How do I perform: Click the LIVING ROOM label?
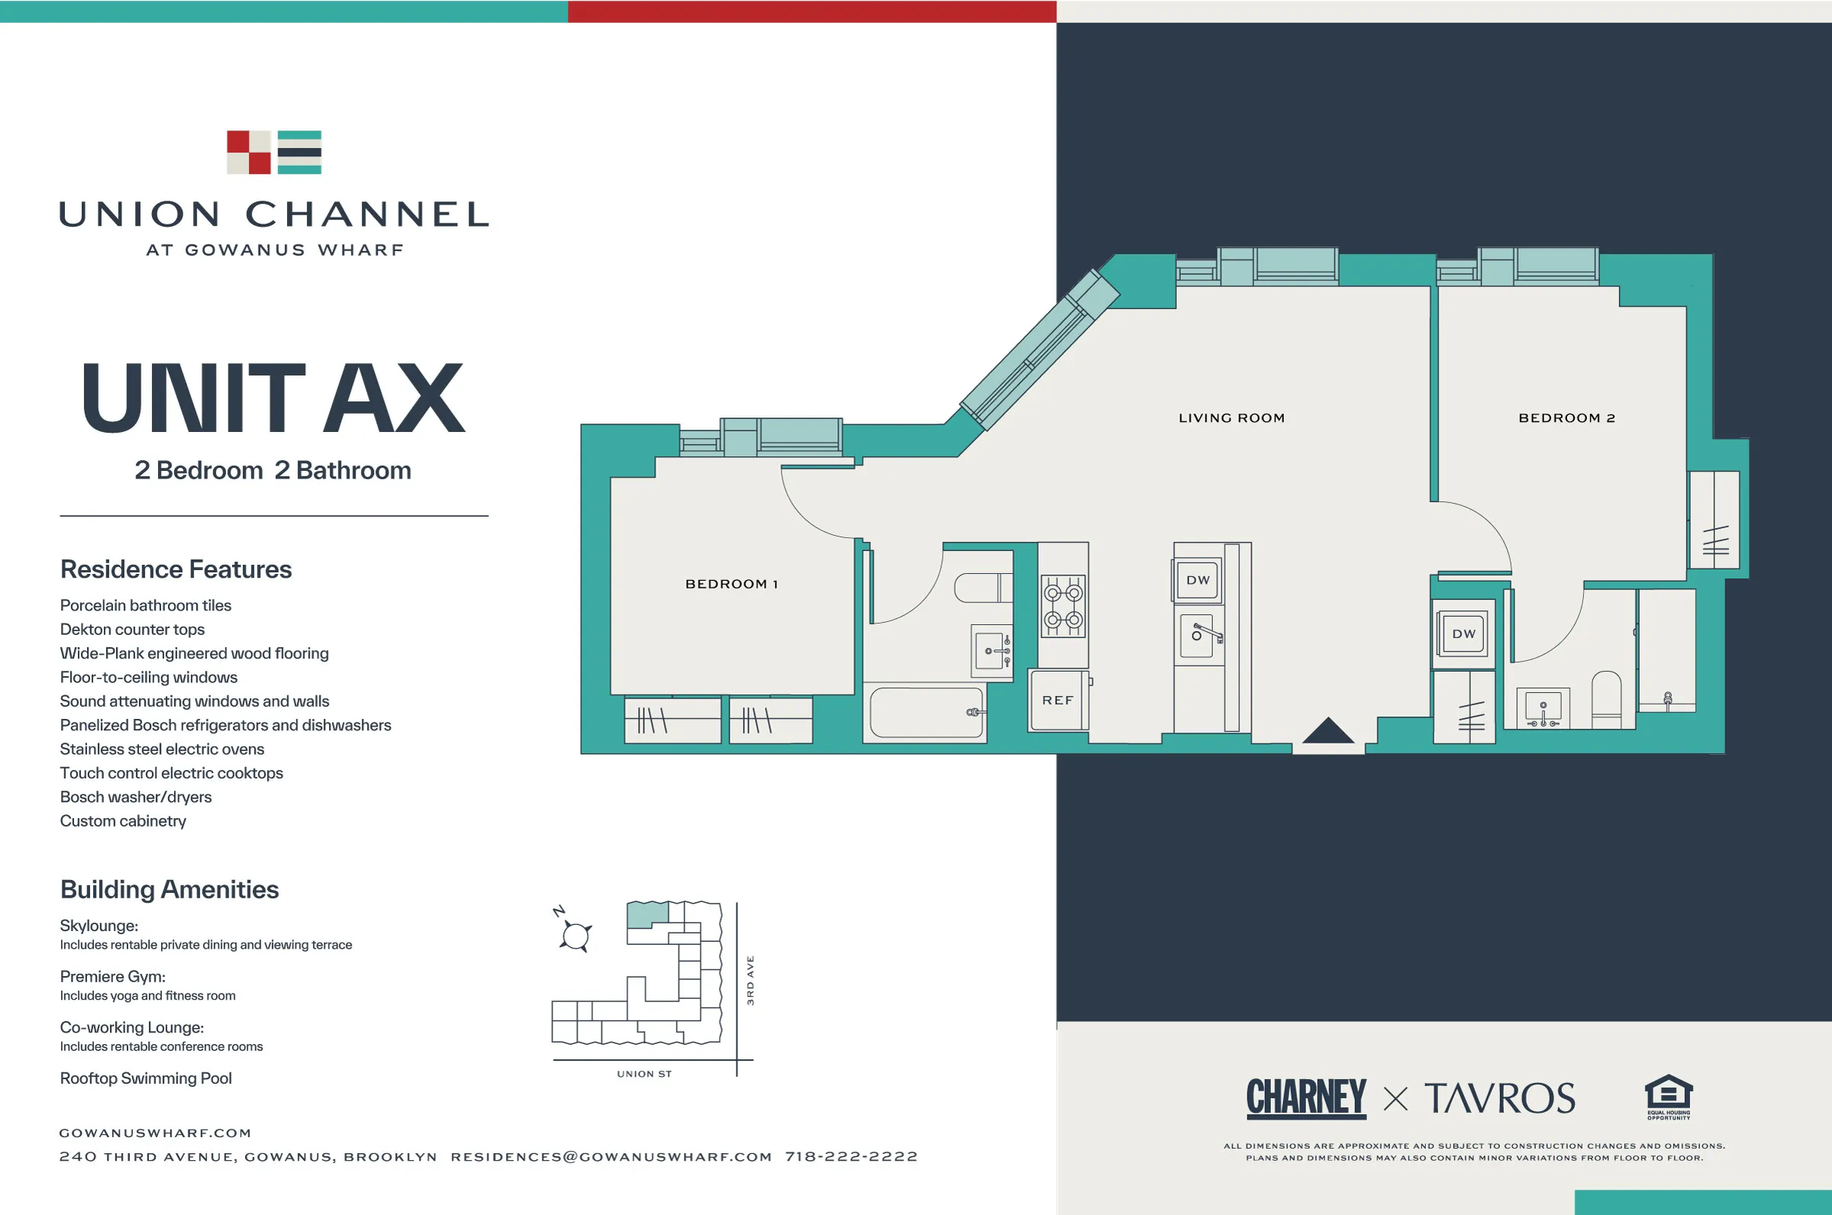pyautogui.click(x=1231, y=418)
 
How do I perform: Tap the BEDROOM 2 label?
pyautogui.click(x=1566, y=418)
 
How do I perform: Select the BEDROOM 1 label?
pyautogui.click(x=731, y=585)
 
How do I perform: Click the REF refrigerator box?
pyautogui.click(x=1058, y=701)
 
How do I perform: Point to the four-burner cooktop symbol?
pyautogui.click(x=1063, y=607)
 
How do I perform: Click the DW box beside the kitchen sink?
pyautogui.click(x=1198, y=580)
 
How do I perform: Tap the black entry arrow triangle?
pyautogui.click(x=1327, y=730)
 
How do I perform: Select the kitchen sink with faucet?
pyautogui.click(x=1199, y=636)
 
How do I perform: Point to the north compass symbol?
pyautogui.click(x=574, y=933)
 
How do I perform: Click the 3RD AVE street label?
pyautogui.click(x=750, y=980)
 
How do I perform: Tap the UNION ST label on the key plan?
pyautogui.click(x=644, y=1074)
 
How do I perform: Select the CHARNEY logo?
pyautogui.click(x=1306, y=1098)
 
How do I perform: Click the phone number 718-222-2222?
pyautogui.click(x=851, y=1157)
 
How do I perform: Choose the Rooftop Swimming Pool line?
pyautogui.click(x=146, y=1078)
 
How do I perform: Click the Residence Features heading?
pyautogui.click(x=176, y=569)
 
